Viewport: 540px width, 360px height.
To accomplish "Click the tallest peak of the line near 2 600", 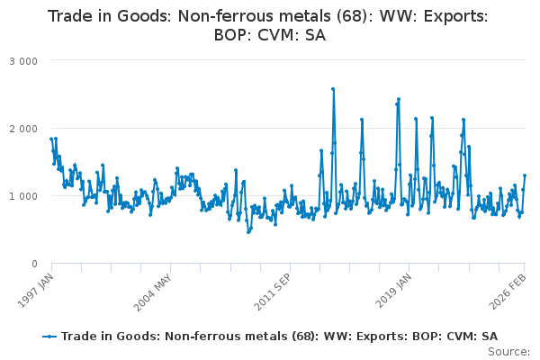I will click(x=333, y=89).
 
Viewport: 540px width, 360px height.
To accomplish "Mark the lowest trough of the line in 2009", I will click(x=248, y=232).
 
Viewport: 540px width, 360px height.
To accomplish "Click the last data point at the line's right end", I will click(x=525, y=175).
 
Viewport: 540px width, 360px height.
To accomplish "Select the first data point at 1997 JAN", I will click(x=51, y=139).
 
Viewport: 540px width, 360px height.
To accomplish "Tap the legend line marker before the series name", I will click(x=49, y=336).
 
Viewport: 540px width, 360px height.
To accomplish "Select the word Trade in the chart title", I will click(x=71, y=16).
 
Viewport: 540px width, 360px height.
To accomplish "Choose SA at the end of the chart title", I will click(x=314, y=36).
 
